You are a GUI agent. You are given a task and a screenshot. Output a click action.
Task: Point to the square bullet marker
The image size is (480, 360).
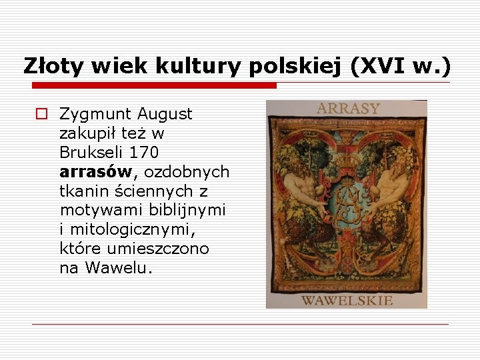41,114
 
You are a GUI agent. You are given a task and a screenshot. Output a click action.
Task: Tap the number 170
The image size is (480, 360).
145,153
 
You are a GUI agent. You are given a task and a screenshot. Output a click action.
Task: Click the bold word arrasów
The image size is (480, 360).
96,172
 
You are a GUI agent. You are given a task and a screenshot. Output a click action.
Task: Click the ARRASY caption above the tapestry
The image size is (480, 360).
347,109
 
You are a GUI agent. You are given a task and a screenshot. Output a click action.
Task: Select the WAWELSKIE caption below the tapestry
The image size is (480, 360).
347,300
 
